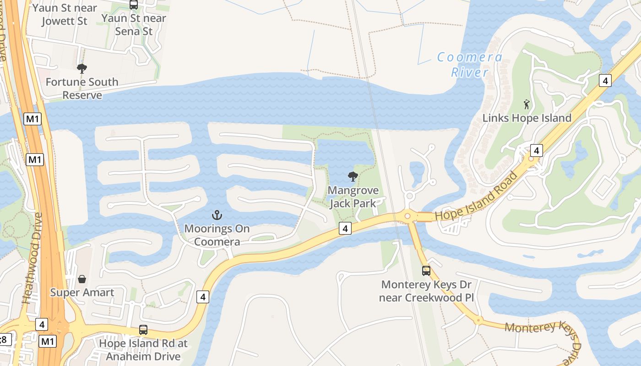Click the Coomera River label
pyautogui.click(x=470, y=65)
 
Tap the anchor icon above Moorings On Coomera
pyautogui.click(x=217, y=215)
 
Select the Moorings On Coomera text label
pyautogui.click(x=217, y=235)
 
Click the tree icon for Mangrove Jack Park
pyautogui.click(x=353, y=176)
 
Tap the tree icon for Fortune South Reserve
pyautogui.click(x=82, y=69)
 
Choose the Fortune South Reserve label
pyautogui.click(x=82, y=88)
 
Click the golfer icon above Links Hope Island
pyautogui.click(x=527, y=104)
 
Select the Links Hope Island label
pyautogui.click(x=527, y=118)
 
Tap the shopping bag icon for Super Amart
pyautogui.click(x=82, y=279)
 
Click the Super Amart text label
pyautogui.click(x=82, y=292)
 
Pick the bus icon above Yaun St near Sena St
pyautogui.click(x=134, y=5)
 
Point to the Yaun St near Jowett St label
pyautogui.click(x=65, y=14)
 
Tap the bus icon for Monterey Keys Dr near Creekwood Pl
pyautogui.click(x=426, y=271)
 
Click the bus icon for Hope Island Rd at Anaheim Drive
pyautogui.click(x=143, y=329)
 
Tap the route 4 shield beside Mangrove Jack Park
pyautogui.click(x=345, y=228)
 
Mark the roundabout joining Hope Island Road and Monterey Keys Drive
pyautogui.click(x=407, y=216)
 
